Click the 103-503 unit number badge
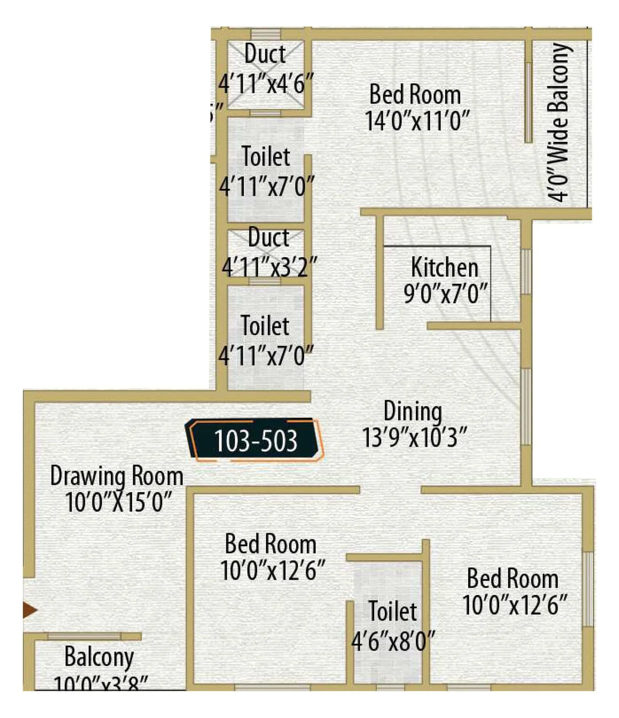coord(255,440)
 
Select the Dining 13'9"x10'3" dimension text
coord(414,438)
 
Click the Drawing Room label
coord(116,476)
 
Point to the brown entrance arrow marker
coord(29,610)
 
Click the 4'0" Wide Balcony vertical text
coord(558,122)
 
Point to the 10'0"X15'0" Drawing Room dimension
coord(118,502)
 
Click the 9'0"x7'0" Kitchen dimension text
coord(445,294)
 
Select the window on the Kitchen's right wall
coord(525,272)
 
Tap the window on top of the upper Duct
coord(265,34)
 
